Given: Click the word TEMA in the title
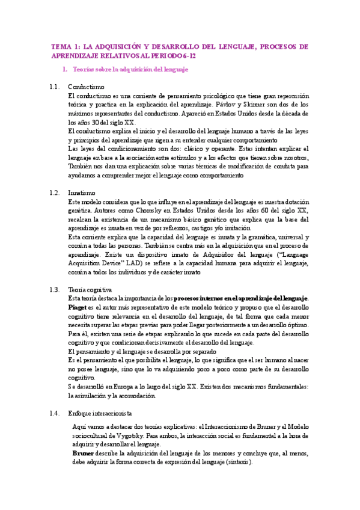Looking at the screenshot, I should click(x=61, y=46).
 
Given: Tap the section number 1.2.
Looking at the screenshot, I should click(x=55, y=192).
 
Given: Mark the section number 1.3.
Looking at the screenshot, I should click(x=55, y=289).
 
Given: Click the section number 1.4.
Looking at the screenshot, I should click(x=55, y=413).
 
